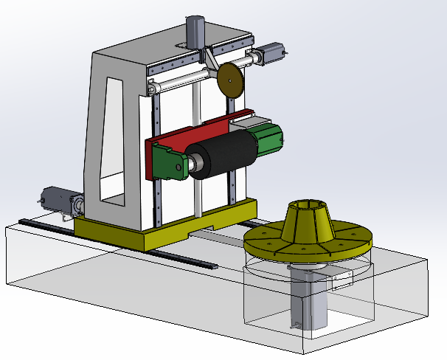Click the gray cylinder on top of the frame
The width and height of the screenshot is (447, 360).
coord(196,32)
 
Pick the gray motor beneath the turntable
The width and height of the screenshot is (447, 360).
coord(307,295)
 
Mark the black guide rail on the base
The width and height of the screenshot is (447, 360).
coord(118,240)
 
